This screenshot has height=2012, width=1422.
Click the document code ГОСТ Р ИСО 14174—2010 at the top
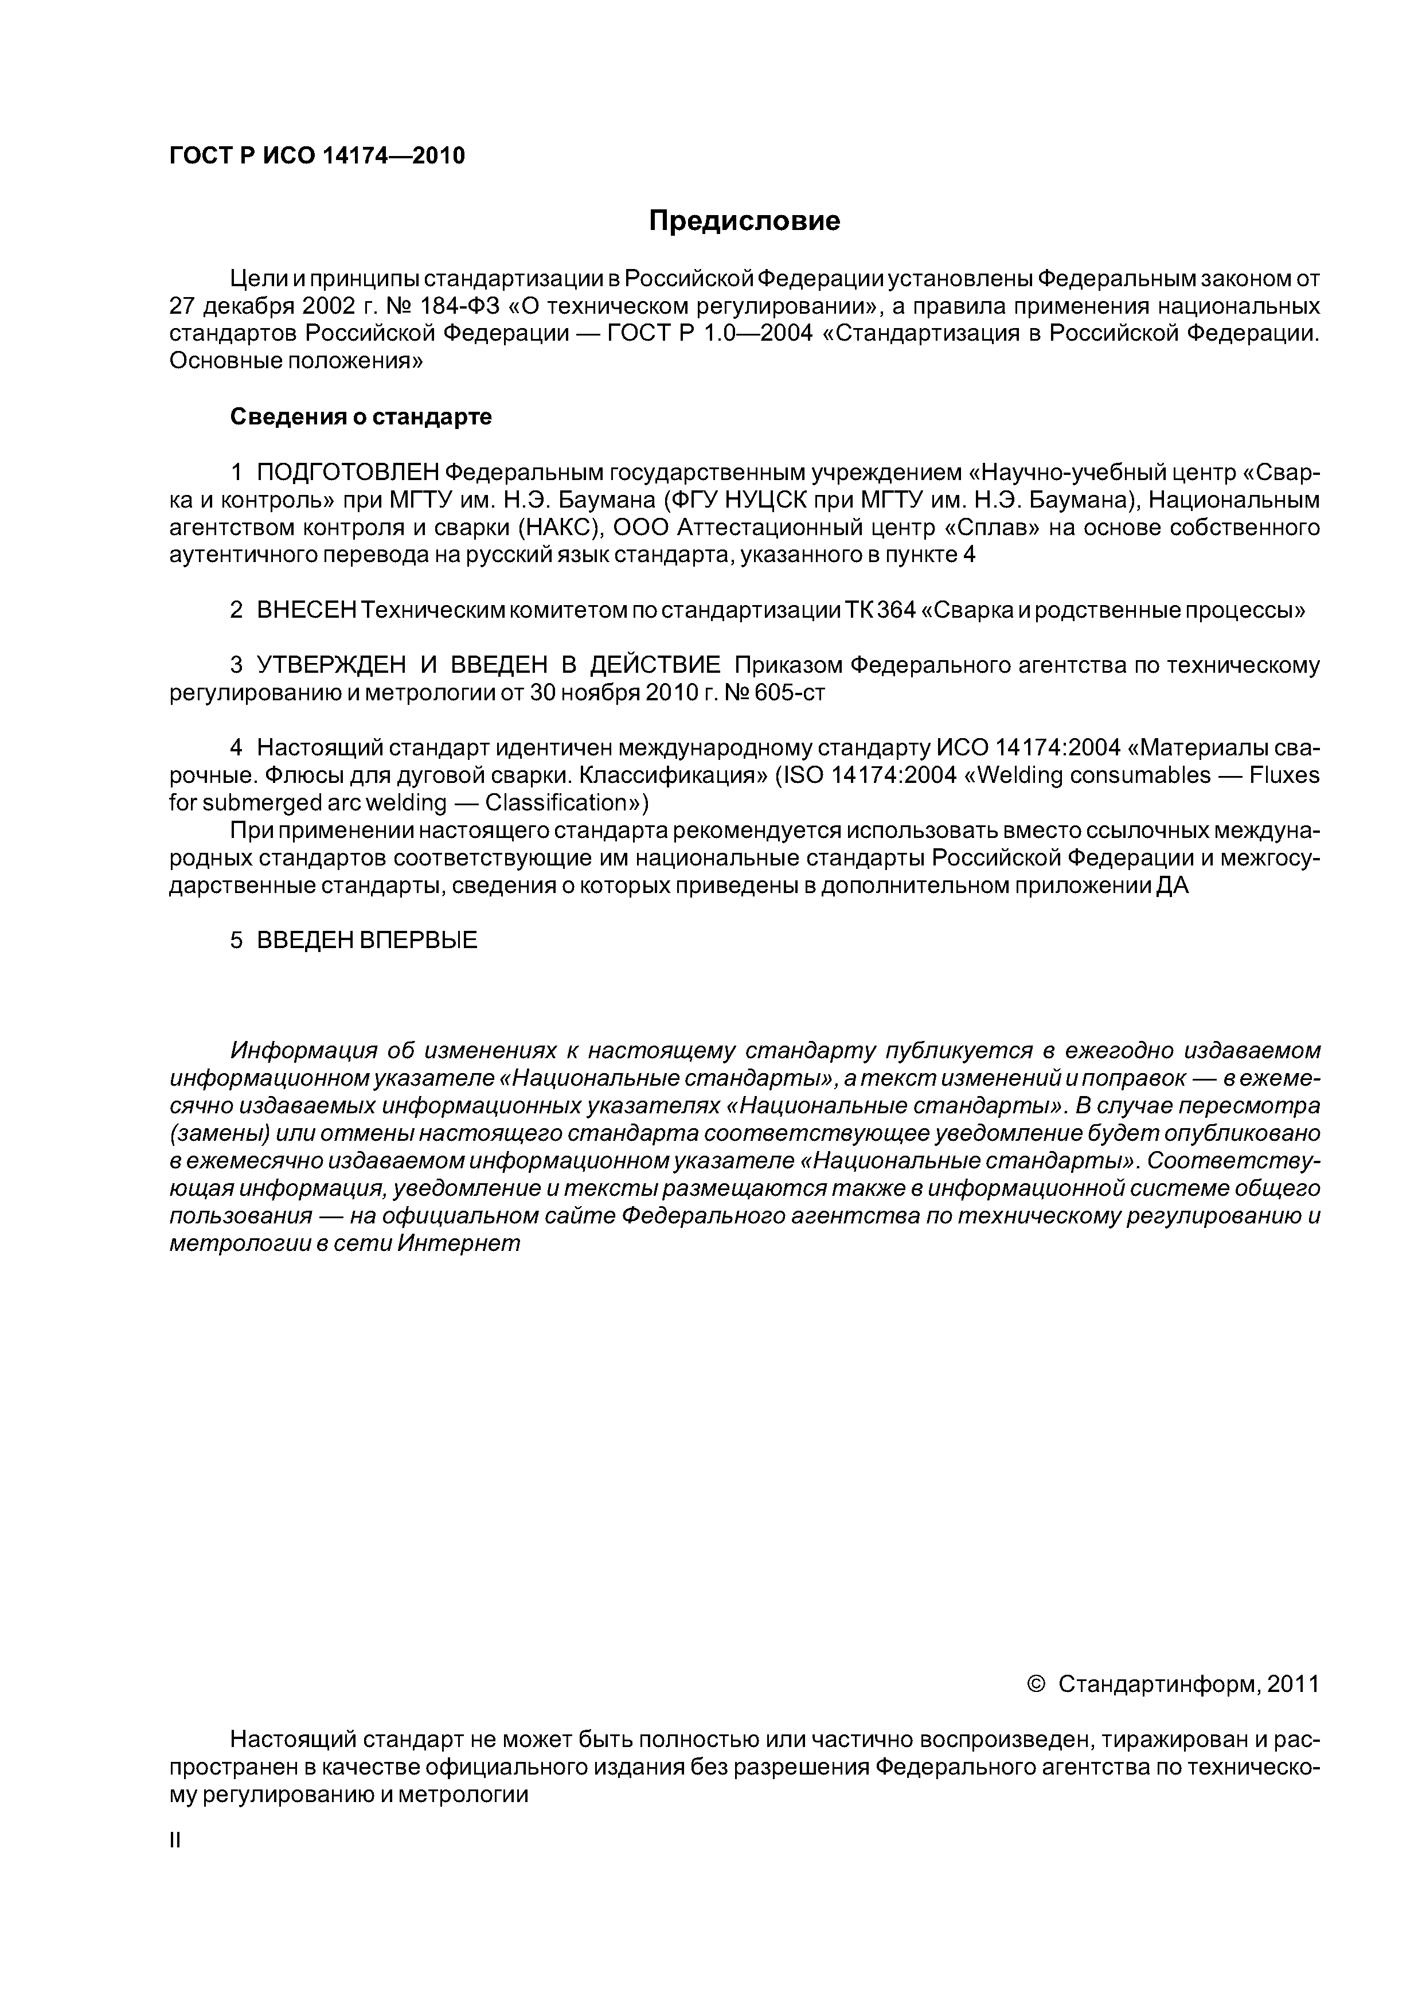[x=317, y=156]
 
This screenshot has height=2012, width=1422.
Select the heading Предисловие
[x=744, y=221]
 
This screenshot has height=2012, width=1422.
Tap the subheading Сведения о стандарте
[x=361, y=417]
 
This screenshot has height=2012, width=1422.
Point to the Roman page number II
[x=174, y=1841]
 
